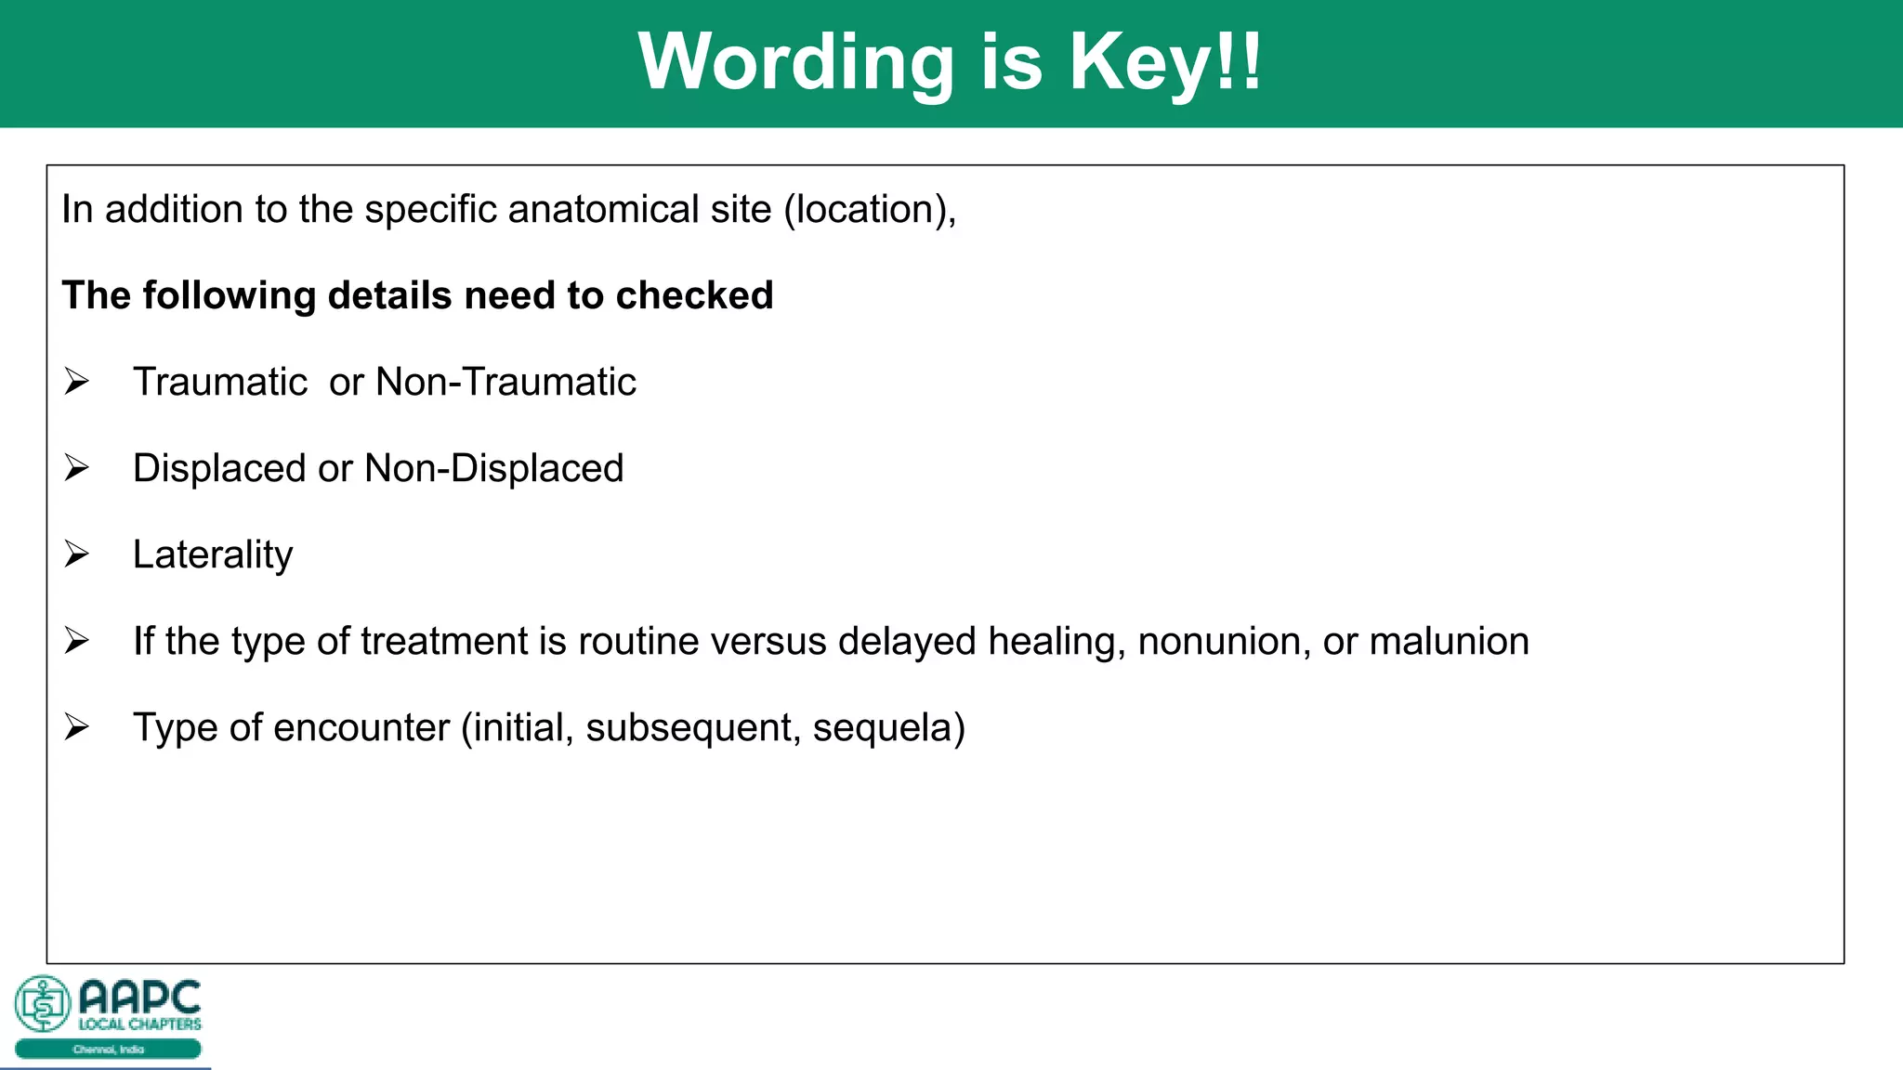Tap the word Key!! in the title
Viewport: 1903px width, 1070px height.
(1165, 63)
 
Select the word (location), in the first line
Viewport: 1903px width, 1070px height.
(870, 209)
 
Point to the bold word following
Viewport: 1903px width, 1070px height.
(229, 295)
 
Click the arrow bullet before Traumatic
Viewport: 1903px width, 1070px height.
(76, 382)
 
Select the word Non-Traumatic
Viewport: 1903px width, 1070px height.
(505, 382)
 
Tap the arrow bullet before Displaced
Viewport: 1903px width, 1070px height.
(76, 468)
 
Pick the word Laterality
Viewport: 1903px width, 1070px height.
(213, 555)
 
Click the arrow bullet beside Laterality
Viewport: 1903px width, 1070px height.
(76, 555)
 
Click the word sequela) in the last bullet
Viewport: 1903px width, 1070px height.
(888, 727)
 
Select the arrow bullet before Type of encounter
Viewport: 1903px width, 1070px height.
(76, 727)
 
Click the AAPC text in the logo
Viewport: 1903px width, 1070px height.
(139, 998)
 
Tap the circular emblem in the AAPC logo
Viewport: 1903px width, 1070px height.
(43, 1003)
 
